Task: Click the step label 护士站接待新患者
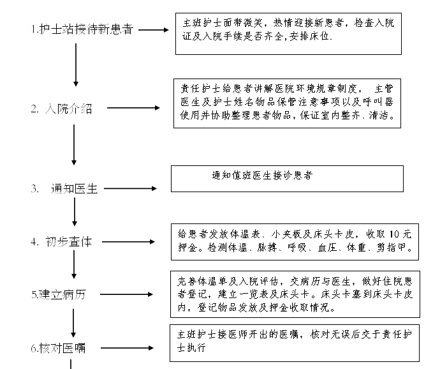[86, 29]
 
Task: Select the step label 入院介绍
[68, 109]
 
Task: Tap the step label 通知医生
[74, 189]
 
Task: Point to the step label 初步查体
[68, 242]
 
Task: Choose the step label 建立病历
[62, 295]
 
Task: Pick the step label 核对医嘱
[62, 349]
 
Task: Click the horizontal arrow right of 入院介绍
[133, 108]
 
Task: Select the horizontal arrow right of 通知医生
[130, 188]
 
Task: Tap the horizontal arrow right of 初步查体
[128, 242]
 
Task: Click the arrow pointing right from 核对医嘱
[127, 348]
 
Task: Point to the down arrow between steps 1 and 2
[76, 64]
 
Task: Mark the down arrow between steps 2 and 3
[74, 145]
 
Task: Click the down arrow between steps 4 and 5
[74, 264]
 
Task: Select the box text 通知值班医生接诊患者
[262, 175]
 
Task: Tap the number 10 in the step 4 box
[394, 234]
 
